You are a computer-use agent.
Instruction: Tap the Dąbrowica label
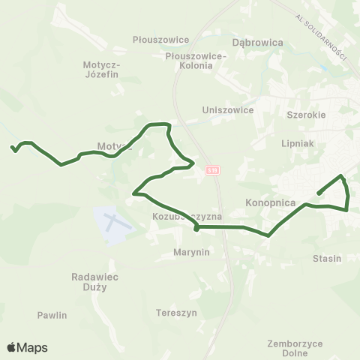(x=258, y=43)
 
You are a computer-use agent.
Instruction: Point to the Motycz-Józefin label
(x=101, y=74)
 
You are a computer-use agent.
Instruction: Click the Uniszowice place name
(x=228, y=109)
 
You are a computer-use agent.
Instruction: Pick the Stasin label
(x=326, y=258)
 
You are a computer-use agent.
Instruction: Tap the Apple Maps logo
(x=27, y=347)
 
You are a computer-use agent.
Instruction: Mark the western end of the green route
(x=13, y=148)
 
